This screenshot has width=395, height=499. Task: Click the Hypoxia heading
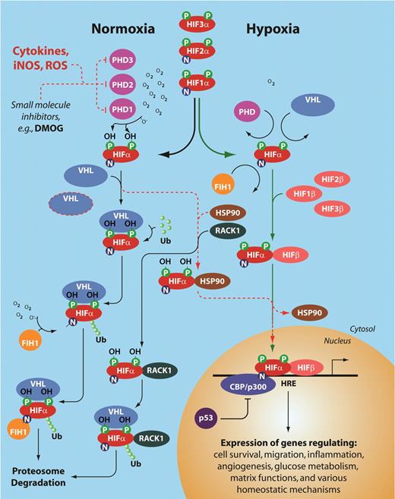(276, 30)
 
